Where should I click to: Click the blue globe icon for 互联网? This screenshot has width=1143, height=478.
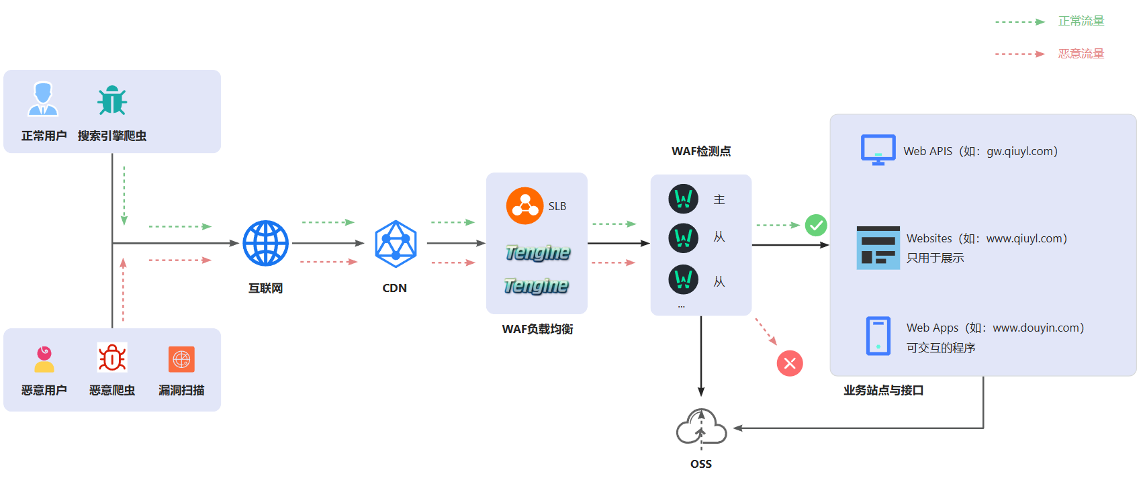tap(265, 243)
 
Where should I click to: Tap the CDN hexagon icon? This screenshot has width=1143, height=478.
tap(395, 244)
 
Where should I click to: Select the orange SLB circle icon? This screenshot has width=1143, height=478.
tap(524, 205)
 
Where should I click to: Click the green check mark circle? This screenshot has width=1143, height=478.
tap(816, 225)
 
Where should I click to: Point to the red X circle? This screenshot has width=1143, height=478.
tap(790, 363)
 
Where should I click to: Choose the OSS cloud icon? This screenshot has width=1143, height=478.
tap(701, 428)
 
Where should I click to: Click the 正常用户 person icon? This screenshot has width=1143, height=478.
tap(43, 99)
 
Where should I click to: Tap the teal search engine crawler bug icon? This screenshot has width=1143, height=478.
tap(112, 100)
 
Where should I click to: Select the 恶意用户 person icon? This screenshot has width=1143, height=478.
tap(44, 359)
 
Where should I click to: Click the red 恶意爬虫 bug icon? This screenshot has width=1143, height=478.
tap(112, 358)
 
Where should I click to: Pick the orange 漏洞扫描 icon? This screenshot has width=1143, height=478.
tap(181, 359)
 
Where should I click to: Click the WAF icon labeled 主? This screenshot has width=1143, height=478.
tap(684, 199)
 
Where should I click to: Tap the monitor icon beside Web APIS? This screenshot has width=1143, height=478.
tap(878, 150)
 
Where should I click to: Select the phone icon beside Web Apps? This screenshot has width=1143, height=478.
tap(878, 336)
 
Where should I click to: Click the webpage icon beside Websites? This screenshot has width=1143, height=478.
tap(878, 248)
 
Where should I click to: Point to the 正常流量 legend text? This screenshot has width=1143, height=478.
tap(1081, 21)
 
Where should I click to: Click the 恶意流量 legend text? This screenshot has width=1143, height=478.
tap(1081, 54)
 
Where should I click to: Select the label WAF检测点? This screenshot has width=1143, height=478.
tap(701, 152)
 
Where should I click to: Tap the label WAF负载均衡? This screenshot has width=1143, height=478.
tap(537, 329)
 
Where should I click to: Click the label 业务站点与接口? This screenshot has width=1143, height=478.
tap(883, 391)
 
